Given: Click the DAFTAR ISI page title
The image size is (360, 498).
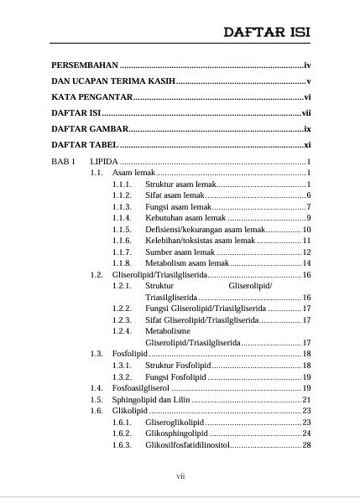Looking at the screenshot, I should tap(266, 32).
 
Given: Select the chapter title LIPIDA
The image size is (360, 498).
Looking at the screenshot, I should tap(104, 161).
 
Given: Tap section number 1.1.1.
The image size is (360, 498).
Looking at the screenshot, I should tap(122, 184).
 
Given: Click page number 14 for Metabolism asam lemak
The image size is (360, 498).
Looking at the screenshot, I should tap(306, 263).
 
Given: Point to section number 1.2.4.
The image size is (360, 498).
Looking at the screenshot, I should tap(122, 331).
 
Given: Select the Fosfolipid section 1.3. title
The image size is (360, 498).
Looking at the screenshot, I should tap(128, 355).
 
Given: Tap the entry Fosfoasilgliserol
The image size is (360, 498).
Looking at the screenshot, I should tap(140, 388).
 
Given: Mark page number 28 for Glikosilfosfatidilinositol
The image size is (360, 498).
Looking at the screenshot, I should tap(306, 445).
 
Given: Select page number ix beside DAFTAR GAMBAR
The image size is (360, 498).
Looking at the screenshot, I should tap(307, 129).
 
